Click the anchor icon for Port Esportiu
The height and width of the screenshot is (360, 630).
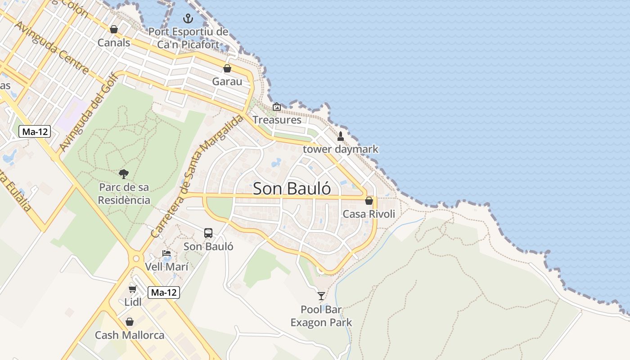188,18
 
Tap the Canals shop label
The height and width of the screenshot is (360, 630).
114,43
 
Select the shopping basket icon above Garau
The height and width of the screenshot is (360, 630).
227,68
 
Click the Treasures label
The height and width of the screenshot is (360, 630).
277,120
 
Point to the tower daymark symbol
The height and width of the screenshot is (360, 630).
341,136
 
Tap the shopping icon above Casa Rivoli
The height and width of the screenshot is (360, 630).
369,201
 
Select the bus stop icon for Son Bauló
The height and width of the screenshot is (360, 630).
208,233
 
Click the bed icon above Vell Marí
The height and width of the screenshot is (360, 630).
166,253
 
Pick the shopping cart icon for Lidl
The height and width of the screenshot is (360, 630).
132,289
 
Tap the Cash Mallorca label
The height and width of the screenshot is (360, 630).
130,335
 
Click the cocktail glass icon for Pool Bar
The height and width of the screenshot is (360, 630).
321,296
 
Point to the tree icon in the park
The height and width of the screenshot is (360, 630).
124,174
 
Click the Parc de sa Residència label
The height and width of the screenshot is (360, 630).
124,193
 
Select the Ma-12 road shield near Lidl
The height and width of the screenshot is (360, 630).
164,292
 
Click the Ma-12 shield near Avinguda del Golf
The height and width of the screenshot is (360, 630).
35,131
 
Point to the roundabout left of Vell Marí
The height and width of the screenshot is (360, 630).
135,259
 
